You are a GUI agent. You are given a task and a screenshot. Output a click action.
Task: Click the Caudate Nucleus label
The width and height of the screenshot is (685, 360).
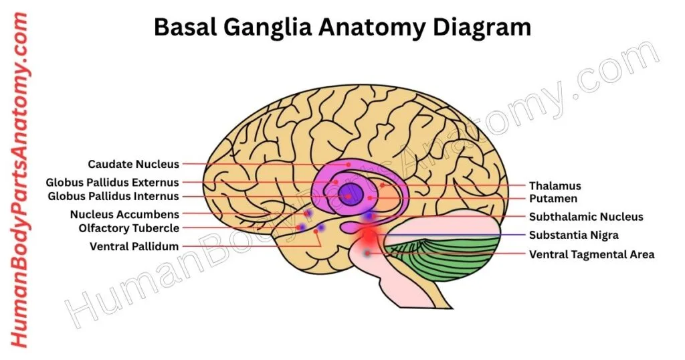point(133,164)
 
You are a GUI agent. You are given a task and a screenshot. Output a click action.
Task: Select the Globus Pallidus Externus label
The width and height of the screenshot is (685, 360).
point(112,182)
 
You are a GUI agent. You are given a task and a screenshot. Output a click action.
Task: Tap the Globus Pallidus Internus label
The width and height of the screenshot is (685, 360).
point(114,197)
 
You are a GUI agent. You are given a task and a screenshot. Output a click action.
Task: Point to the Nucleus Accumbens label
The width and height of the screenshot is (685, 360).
point(124,215)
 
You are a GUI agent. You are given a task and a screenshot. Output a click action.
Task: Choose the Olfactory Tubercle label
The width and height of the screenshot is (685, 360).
point(128,229)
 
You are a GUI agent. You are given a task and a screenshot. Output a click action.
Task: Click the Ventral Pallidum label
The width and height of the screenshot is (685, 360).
point(134,246)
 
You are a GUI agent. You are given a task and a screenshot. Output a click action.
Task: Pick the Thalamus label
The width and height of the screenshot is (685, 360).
point(555,186)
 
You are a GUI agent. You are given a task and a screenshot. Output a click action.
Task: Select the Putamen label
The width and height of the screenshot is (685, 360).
point(553,199)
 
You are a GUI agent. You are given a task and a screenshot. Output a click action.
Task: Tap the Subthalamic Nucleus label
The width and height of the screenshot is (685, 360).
point(586,217)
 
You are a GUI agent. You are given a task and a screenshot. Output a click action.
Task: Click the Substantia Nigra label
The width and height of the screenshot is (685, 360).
point(573,235)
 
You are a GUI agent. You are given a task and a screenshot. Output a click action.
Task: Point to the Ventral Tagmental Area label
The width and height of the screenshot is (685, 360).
point(591,254)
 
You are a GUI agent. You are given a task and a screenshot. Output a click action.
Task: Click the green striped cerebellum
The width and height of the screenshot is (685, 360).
point(448,258)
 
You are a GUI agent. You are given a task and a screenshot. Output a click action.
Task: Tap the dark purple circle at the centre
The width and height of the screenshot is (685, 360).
point(351,195)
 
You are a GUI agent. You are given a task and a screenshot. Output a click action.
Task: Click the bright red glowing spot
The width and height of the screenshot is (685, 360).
point(369,236)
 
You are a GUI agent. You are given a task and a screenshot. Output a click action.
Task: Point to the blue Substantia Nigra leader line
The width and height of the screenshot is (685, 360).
point(455,235)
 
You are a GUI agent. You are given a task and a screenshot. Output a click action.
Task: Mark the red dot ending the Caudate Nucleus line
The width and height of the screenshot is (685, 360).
point(348,164)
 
